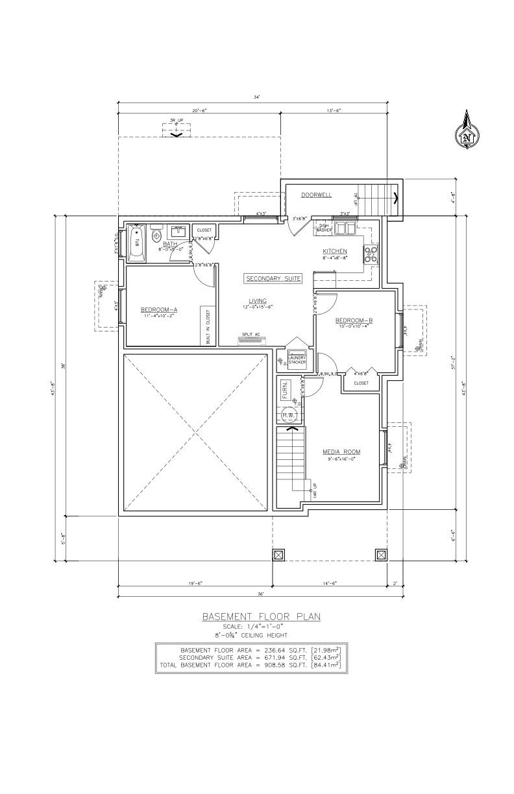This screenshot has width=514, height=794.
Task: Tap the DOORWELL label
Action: (316, 195)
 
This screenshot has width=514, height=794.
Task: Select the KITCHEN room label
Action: (335, 251)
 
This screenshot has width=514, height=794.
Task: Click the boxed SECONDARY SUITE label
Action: (273, 278)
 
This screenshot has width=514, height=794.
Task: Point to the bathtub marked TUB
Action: (137, 243)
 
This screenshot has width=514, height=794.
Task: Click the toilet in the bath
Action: (156, 237)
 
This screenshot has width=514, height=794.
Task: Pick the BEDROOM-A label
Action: (159, 310)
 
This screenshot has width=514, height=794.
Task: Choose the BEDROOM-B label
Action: (354, 320)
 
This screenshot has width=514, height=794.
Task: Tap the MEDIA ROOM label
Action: (341, 451)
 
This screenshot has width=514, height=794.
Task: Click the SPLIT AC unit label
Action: (251, 334)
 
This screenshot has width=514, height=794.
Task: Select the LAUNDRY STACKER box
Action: (297, 360)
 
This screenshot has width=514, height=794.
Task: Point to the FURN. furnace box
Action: (285, 391)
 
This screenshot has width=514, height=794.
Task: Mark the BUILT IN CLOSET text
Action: (208, 326)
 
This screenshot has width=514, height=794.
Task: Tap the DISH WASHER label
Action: (324, 228)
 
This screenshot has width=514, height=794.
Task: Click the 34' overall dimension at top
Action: (257, 97)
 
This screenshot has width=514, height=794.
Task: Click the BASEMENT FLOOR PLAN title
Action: (261, 617)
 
